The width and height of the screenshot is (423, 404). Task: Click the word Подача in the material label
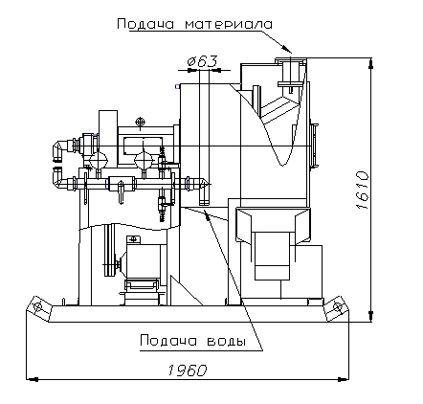[x=145, y=24]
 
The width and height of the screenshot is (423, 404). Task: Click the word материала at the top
[x=229, y=24]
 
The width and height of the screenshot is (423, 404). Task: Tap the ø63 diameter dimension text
[x=203, y=61]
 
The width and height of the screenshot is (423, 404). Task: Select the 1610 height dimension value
[x=363, y=191]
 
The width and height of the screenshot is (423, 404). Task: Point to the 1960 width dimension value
[x=188, y=370]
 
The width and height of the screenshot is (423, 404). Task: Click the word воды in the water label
[x=227, y=342]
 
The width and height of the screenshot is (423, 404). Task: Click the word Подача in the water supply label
[x=168, y=341]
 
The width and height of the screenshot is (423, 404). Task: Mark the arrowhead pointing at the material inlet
[x=287, y=48]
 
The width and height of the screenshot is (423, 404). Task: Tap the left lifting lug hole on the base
[x=38, y=307]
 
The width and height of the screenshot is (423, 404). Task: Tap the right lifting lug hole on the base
[x=337, y=306]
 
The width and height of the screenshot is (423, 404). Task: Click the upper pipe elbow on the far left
[x=59, y=149]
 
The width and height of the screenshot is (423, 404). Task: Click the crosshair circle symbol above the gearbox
[x=140, y=122]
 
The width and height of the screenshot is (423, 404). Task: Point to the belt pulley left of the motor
[x=110, y=251]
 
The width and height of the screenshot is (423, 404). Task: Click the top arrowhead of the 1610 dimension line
[x=370, y=63]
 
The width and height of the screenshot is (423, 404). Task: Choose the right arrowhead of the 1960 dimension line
[x=343, y=379]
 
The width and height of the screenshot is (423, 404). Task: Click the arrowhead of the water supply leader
[x=207, y=214]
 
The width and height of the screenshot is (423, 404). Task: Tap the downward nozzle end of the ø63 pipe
[x=204, y=202]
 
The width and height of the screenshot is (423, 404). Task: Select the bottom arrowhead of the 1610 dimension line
[x=370, y=316]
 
